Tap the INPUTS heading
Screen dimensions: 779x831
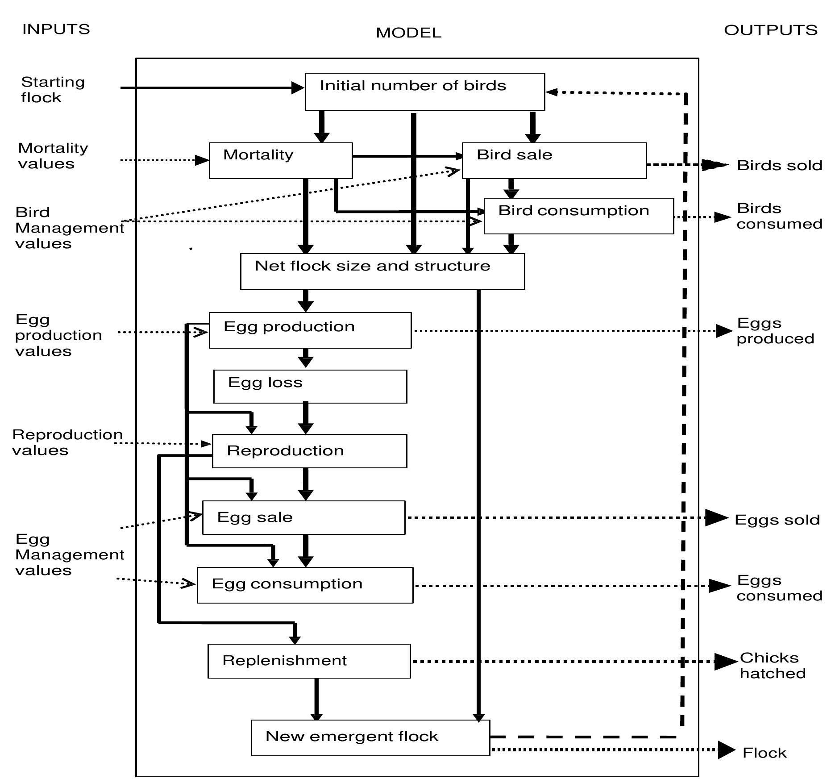click(56, 29)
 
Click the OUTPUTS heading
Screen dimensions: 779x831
click(770, 30)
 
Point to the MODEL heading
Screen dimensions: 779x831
click(408, 33)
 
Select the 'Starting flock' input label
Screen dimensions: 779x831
click(53, 90)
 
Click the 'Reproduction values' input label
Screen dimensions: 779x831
click(67, 442)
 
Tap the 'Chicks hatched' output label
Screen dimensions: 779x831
click(772, 666)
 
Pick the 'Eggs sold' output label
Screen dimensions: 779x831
click(777, 520)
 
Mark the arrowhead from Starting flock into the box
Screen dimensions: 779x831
click(298, 88)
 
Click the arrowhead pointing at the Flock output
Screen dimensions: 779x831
click(726, 750)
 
